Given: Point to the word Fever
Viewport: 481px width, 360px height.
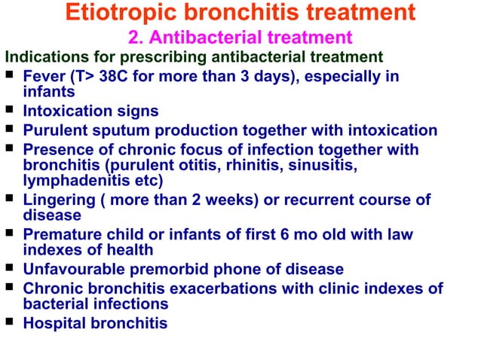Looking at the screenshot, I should point(44,77).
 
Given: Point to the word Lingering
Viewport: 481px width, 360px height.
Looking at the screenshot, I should point(57,200).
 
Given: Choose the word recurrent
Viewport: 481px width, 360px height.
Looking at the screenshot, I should point(305,200).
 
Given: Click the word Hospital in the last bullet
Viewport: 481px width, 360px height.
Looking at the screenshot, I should point(53,323).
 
